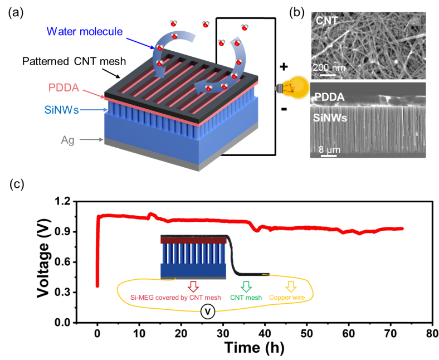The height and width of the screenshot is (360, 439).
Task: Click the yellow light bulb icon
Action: (294, 88)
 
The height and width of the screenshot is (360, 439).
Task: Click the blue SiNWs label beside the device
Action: (62, 110)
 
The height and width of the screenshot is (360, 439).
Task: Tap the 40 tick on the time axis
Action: (265, 333)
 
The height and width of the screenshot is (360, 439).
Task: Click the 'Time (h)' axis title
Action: (254, 348)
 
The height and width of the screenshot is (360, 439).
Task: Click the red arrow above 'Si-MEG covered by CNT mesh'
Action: (193, 286)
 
